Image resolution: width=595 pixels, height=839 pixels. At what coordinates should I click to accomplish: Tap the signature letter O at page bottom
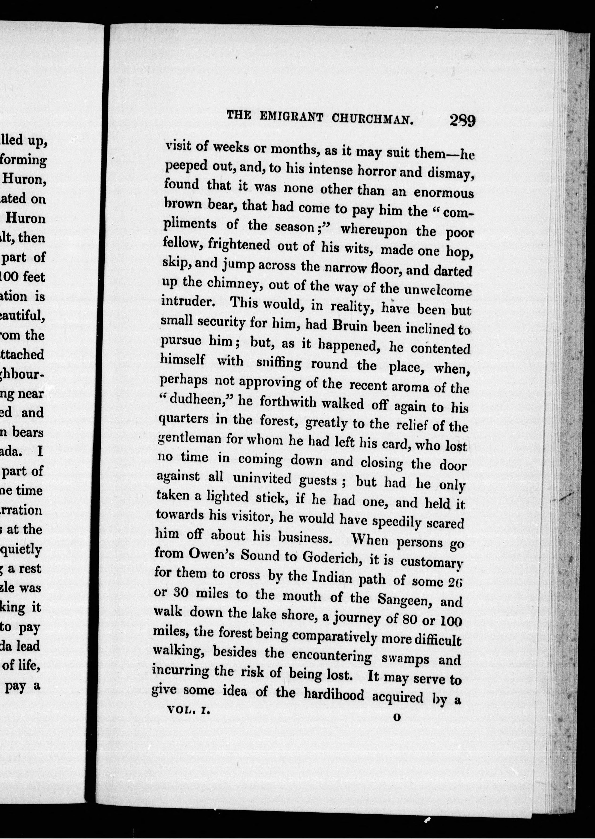point(397,717)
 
